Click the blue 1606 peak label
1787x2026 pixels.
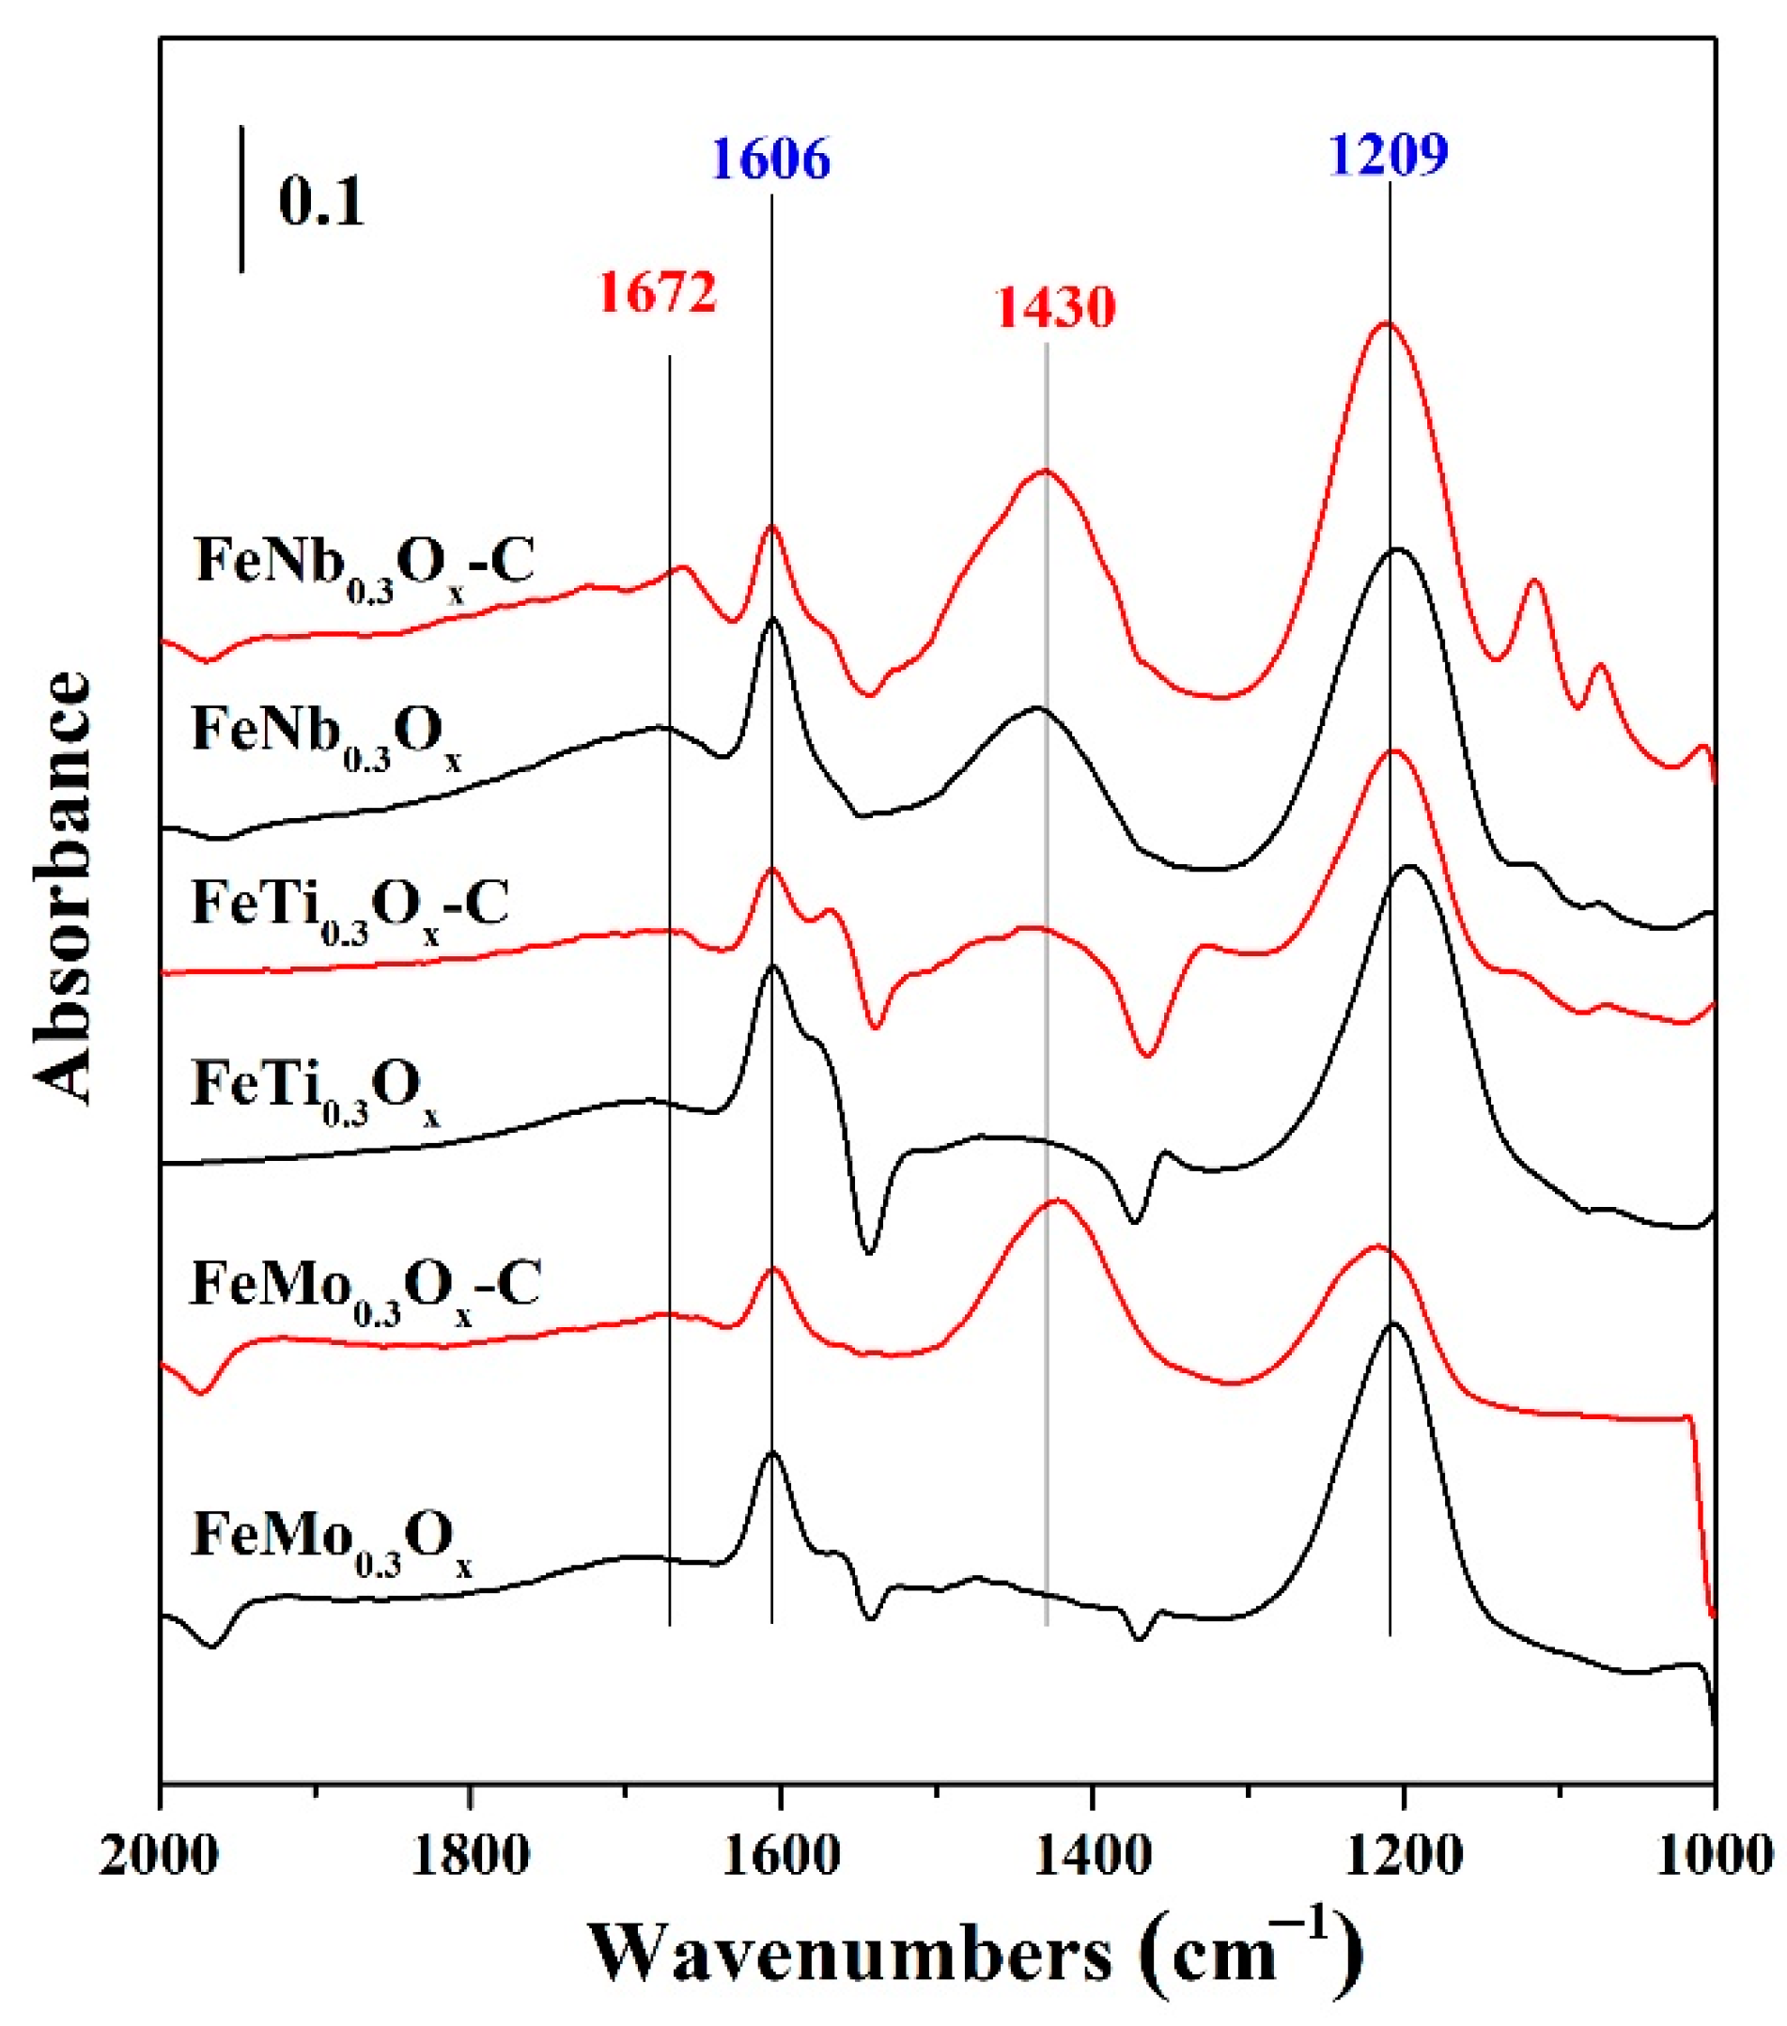770,159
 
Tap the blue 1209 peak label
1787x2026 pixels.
1389,153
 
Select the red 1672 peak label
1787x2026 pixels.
657,293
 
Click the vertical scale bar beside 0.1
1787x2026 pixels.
242,198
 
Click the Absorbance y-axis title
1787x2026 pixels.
61,887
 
